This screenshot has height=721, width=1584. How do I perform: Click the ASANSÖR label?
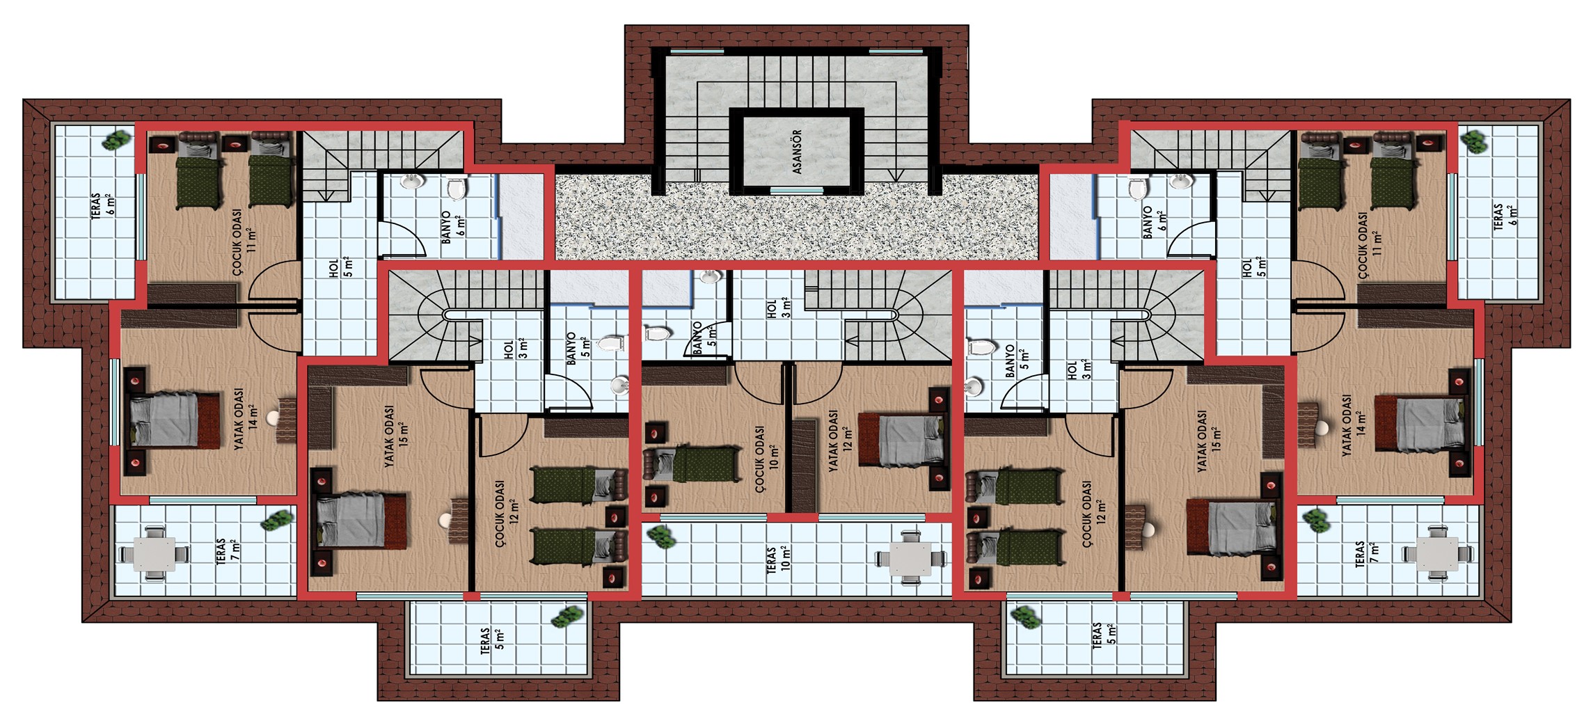[x=798, y=151]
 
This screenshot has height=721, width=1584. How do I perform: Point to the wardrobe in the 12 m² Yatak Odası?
[x=804, y=465]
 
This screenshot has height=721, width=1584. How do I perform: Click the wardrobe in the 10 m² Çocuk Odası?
[x=684, y=375]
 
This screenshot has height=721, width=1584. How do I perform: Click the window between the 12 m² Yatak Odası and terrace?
[x=872, y=517]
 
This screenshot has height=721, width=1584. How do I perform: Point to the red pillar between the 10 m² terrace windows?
[x=793, y=517]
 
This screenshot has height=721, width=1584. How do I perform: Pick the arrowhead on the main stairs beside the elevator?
[x=895, y=175]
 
